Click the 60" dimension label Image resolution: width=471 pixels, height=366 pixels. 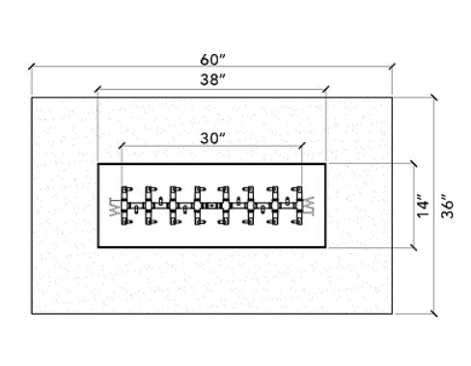tap(209, 56)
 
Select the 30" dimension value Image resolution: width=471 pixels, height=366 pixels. tap(211, 137)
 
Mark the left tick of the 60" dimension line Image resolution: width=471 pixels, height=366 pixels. tap(31, 68)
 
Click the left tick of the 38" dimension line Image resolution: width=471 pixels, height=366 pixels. tap(97, 91)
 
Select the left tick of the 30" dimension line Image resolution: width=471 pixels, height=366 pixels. tap(121, 147)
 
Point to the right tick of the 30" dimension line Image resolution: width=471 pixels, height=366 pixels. tap(302, 147)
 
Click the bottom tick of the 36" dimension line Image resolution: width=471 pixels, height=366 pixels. tap(432, 314)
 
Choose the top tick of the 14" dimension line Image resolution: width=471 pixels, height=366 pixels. tap(413, 163)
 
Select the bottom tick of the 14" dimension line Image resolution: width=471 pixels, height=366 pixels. tap(413, 247)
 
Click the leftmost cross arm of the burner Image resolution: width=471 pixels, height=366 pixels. tap(125, 205)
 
